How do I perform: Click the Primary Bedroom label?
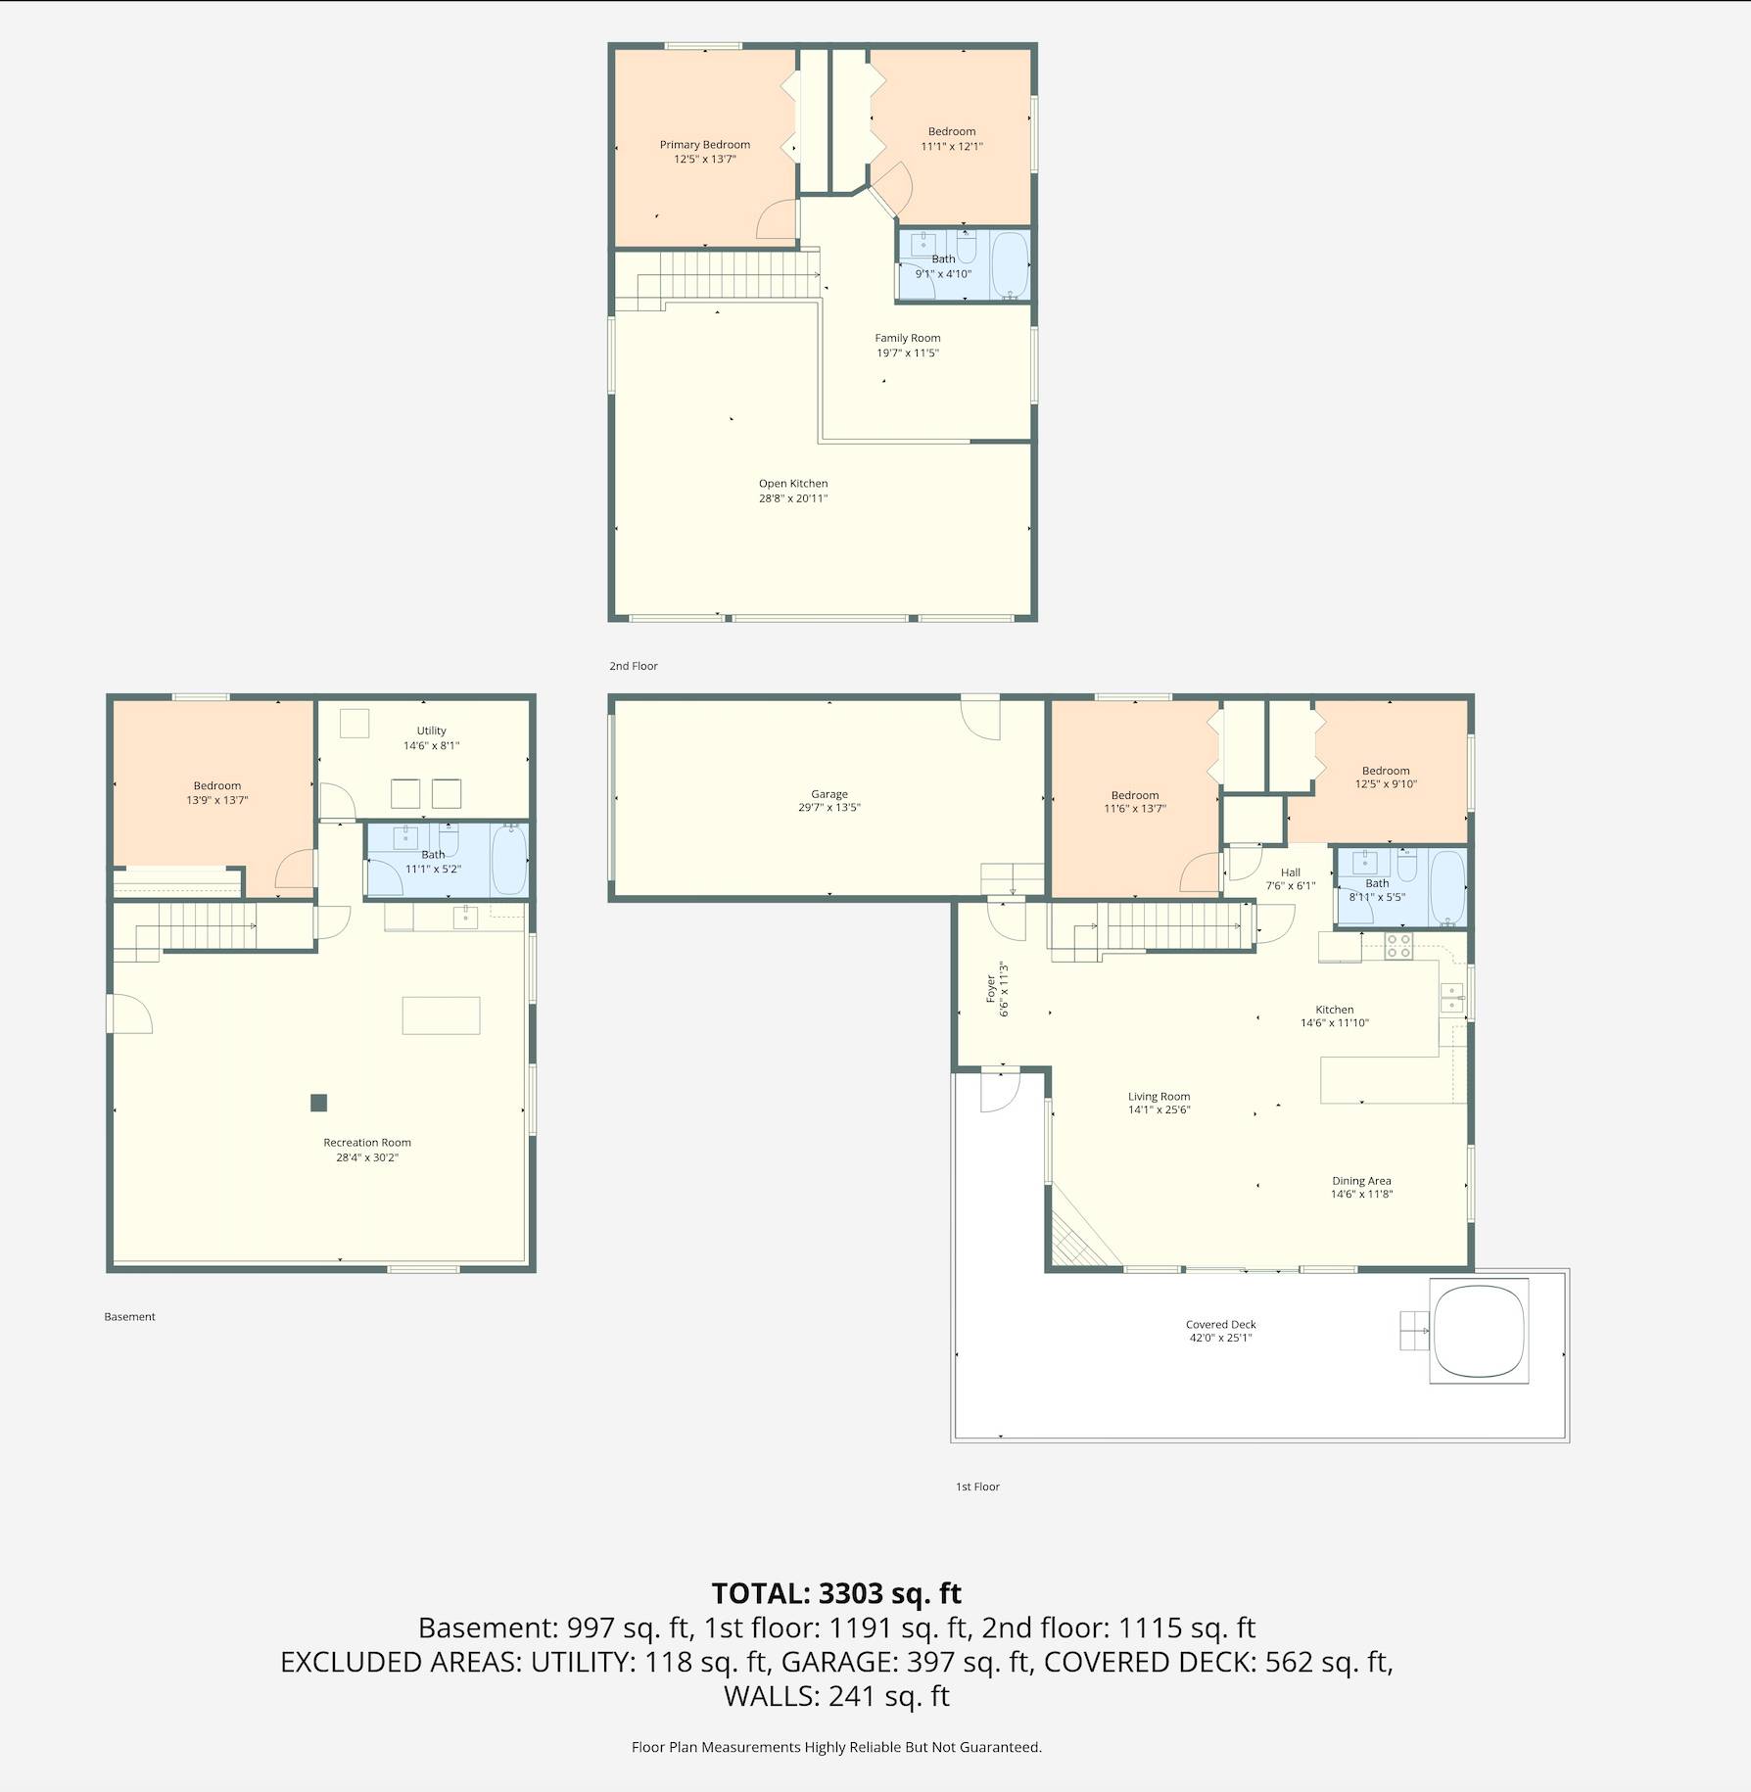point(704,145)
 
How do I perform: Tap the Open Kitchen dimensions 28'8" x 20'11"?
point(793,498)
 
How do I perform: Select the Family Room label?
point(908,338)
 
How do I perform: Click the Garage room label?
point(829,794)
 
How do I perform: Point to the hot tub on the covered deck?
point(1479,1331)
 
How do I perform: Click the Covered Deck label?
point(1220,1324)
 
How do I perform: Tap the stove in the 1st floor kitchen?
point(1398,946)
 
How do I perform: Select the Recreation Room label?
point(367,1143)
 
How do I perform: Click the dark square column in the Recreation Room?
point(318,1103)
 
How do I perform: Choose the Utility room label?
point(431,731)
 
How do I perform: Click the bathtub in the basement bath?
point(509,859)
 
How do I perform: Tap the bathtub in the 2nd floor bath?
point(1011,264)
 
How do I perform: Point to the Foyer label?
point(991,988)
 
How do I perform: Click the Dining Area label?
point(1361,1181)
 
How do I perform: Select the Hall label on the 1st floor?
point(1291,872)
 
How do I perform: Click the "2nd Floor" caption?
point(634,666)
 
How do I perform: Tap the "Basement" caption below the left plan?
point(129,1317)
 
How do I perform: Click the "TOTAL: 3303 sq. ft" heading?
point(836,1593)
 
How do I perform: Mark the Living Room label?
point(1159,1097)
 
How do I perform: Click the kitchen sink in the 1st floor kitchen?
point(1451,998)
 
